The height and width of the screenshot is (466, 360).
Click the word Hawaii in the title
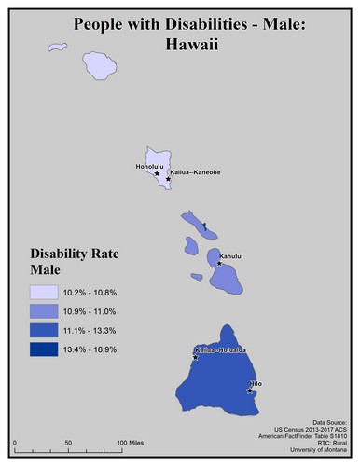pyautogui.click(x=179, y=42)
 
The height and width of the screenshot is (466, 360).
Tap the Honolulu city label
pyautogui.click(x=149, y=167)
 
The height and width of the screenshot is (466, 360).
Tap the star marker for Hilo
pyautogui.click(x=250, y=391)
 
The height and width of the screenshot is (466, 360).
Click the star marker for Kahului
pyautogui.click(x=219, y=263)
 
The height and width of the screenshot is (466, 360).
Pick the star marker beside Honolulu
pyautogui.click(x=157, y=174)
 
